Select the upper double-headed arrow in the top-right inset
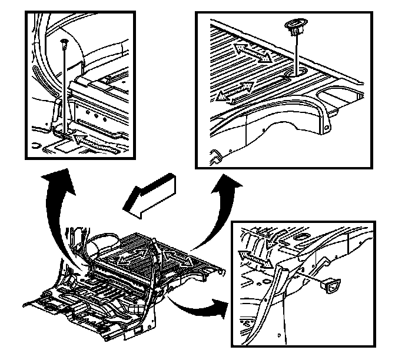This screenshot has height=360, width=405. pos(254,51)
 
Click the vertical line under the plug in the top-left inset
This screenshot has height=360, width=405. pos(62,88)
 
